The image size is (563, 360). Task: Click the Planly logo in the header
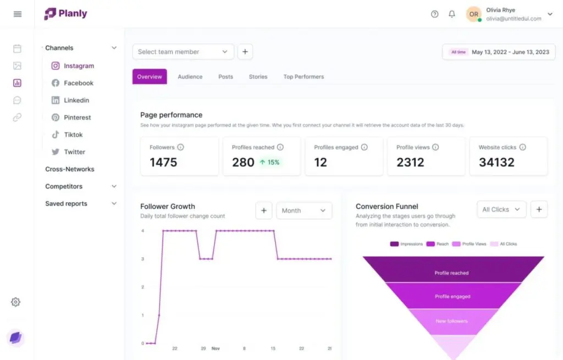pyautogui.click(x=65, y=14)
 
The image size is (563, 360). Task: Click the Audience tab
pyautogui.click(x=190, y=77)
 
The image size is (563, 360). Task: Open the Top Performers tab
pyautogui.click(x=303, y=77)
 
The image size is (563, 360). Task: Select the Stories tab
pyautogui.click(x=258, y=77)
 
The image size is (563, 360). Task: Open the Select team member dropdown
pyautogui.click(x=183, y=52)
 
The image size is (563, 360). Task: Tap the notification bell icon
pyautogui.click(x=452, y=14)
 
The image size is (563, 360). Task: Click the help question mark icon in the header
pyautogui.click(x=434, y=14)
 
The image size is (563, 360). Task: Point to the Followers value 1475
pyautogui.click(x=164, y=162)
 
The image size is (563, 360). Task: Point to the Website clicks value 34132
pyautogui.click(x=496, y=162)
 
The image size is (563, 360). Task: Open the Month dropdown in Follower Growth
pyautogui.click(x=303, y=211)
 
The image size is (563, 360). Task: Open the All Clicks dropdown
pyautogui.click(x=501, y=209)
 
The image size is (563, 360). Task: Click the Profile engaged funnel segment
pyautogui.click(x=452, y=297)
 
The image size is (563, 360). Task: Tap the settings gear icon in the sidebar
pyautogui.click(x=16, y=302)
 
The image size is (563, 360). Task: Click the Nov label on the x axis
pyautogui.click(x=216, y=348)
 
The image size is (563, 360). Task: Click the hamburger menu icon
pyautogui.click(x=18, y=14)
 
